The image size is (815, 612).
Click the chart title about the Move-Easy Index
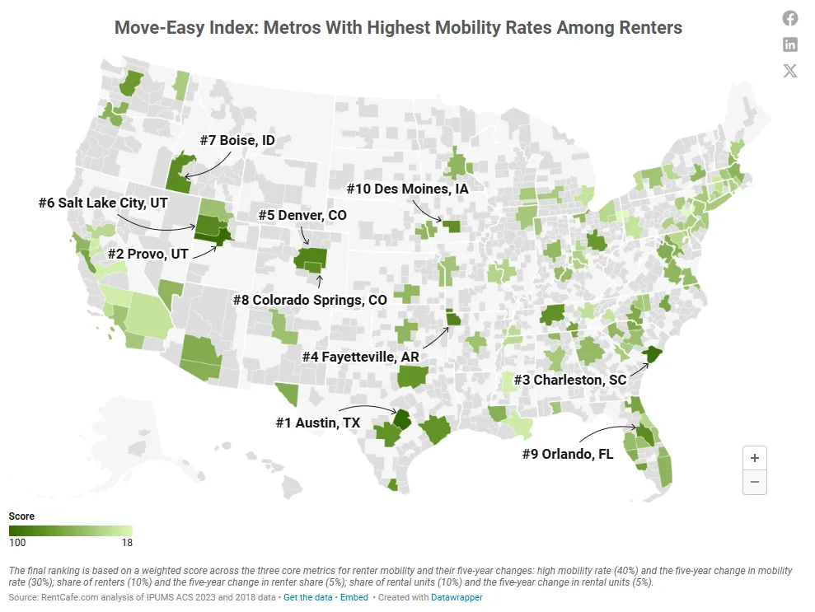[398, 27]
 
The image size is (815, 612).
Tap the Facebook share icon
[789, 18]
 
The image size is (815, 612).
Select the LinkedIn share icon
[789, 44]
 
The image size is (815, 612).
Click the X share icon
[789, 71]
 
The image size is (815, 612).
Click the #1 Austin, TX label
[317, 423]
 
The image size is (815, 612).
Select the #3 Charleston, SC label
[569, 380]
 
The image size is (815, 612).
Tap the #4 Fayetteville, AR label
[360, 357]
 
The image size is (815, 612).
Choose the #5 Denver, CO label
[302, 215]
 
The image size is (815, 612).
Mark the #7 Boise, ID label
[237, 141]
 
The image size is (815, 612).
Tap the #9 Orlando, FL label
[568, 454]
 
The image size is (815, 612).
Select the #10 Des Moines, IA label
[407, 189]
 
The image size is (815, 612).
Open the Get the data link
[309, 597]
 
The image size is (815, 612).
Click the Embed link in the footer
[354, 597]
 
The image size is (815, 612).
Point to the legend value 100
[17, 542]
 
